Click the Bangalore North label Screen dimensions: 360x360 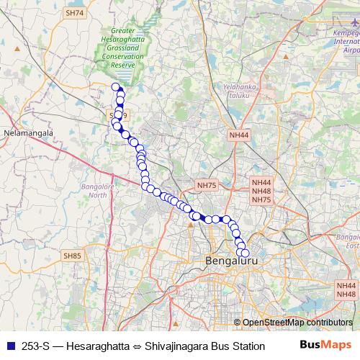[x=96, y=191]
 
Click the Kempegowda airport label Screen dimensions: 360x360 [x=345, y=42]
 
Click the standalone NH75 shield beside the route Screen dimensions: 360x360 [x=207, y=186]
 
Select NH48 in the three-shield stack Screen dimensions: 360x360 [x=261, y=192]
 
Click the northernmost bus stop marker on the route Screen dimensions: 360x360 [x=115, y=87]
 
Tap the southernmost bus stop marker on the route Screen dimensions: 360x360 [x=244, y=253]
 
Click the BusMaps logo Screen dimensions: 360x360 [x=326, y=346]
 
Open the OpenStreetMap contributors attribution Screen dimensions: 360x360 [x=297, y=322]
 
